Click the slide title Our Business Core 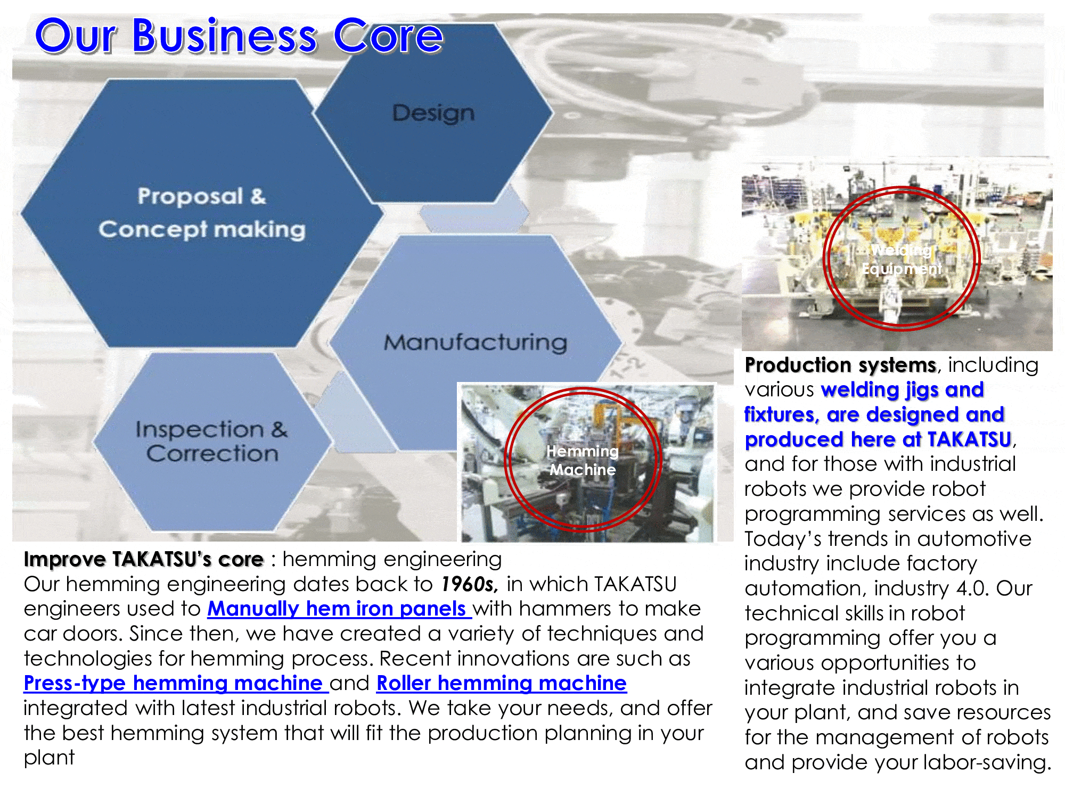[x=239, y=36]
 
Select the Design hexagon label [x=433, y=113]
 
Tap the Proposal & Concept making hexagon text [x=202, y=213]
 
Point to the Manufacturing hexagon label [x=476, y=342]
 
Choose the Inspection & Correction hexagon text [x=211, y=441]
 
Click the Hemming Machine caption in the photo [x=583, y=460]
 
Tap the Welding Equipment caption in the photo [x=902, y=259]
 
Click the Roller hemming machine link [x=502, y=683]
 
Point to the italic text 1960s [x=469, y=584]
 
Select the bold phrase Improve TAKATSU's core [x=144, y=559]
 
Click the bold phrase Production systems [x=840, y=365]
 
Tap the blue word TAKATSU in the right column [x=969, y=439]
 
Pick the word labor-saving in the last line [x=988, y=762]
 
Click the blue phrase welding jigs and [x=903, y=390]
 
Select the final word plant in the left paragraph [x=49, y=758]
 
